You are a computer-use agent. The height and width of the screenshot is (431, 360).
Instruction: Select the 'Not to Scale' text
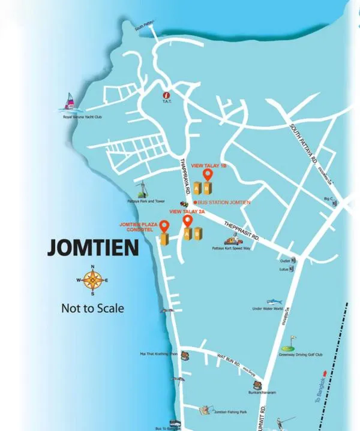tap(92, 308)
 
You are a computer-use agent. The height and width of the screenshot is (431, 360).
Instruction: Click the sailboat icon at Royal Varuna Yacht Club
tap(70, 103)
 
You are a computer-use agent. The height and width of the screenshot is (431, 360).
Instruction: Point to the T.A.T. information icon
tap(167, 95)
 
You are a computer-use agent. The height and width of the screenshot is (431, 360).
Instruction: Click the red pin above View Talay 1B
tap(208, 174)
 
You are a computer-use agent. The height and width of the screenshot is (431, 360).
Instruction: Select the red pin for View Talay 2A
tap(187, 221)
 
